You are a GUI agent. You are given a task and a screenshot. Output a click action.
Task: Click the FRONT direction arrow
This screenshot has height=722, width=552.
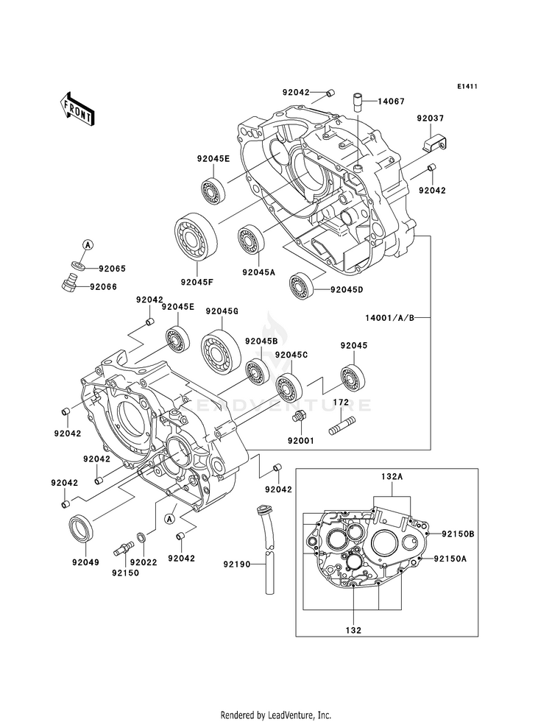tap(77, 108)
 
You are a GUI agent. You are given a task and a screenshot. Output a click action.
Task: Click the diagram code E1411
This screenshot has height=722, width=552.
tap(467, 86)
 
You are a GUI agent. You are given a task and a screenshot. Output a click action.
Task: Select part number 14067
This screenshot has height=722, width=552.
tap(392, 102)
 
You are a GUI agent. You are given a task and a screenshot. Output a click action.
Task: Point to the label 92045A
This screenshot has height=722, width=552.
tap(258, 272)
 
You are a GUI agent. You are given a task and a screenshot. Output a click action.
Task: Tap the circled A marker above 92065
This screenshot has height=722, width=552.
tap(88, 244)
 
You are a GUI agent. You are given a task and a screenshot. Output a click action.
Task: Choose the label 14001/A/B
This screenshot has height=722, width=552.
tap(390, 318)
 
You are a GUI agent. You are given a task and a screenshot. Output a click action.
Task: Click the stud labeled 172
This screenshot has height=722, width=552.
tap(342, 425)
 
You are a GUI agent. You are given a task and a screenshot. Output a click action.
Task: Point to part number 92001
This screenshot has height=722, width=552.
tap(300, 441)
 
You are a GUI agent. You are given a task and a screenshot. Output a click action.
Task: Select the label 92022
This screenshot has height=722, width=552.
tap(144, 562)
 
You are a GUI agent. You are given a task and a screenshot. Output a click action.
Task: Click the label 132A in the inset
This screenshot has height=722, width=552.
tap(392, 477)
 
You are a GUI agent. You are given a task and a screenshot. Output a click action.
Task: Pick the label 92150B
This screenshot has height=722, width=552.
tap(458, 534)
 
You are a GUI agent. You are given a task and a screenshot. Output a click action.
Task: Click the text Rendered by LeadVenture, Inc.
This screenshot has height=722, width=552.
tap(276, 715)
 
